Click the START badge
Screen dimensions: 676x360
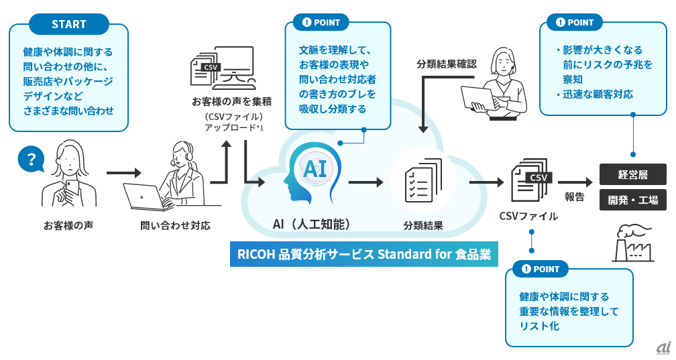69,24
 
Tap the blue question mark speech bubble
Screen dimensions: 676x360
31,159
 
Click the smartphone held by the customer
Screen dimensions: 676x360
71,188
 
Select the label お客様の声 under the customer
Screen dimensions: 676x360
68,225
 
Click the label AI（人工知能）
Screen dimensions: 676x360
312,224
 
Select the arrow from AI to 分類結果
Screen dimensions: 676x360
365,182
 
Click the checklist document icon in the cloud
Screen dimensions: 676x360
424,180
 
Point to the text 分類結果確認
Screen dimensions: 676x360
447,64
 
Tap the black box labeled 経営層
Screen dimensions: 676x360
633,174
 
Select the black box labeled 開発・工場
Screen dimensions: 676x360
633,200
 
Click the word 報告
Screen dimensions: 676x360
574,196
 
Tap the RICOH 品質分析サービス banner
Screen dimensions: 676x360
364,254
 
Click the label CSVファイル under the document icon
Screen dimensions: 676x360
528,216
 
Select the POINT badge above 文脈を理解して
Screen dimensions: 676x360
321,22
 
